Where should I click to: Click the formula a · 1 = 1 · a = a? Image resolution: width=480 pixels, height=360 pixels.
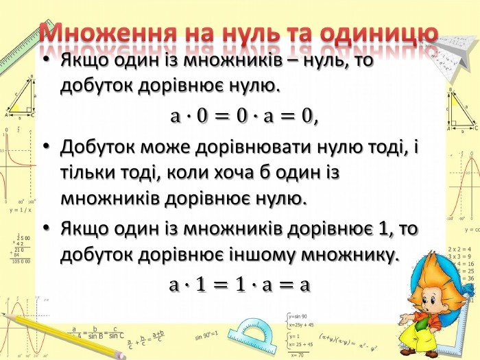click(240, 285)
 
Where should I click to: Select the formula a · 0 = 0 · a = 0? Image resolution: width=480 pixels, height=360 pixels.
click(244, 117)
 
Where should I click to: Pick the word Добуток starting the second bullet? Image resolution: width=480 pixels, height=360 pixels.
click(97, 147)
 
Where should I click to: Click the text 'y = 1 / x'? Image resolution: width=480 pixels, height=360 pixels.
click(21, 210)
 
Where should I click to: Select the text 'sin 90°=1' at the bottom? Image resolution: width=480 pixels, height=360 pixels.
click(206, 337)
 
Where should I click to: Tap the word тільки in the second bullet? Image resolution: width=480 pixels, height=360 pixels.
click(91, 173)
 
